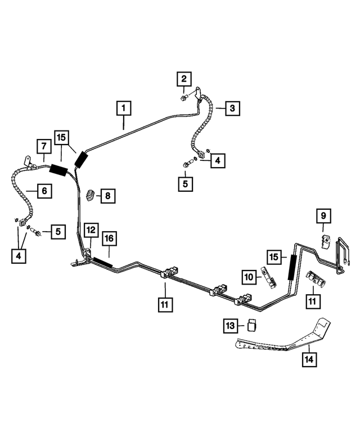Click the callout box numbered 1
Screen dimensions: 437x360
tap(124, 107)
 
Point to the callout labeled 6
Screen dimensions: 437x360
tap(44, 191)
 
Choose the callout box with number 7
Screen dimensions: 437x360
tap(44, 146)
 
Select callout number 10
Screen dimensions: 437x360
tap(249, 276)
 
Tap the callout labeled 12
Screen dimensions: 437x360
tap(91, 229)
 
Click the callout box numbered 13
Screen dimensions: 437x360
tap(230, 326)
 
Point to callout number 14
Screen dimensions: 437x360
tap(308, 358)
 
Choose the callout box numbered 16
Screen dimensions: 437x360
tap(109, 239)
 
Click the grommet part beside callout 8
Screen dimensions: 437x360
tap(91, 195)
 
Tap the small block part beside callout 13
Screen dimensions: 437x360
tap(252, 325)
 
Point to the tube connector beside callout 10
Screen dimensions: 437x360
tap(267, 277)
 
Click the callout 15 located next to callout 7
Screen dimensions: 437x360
tap(61, 138)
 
